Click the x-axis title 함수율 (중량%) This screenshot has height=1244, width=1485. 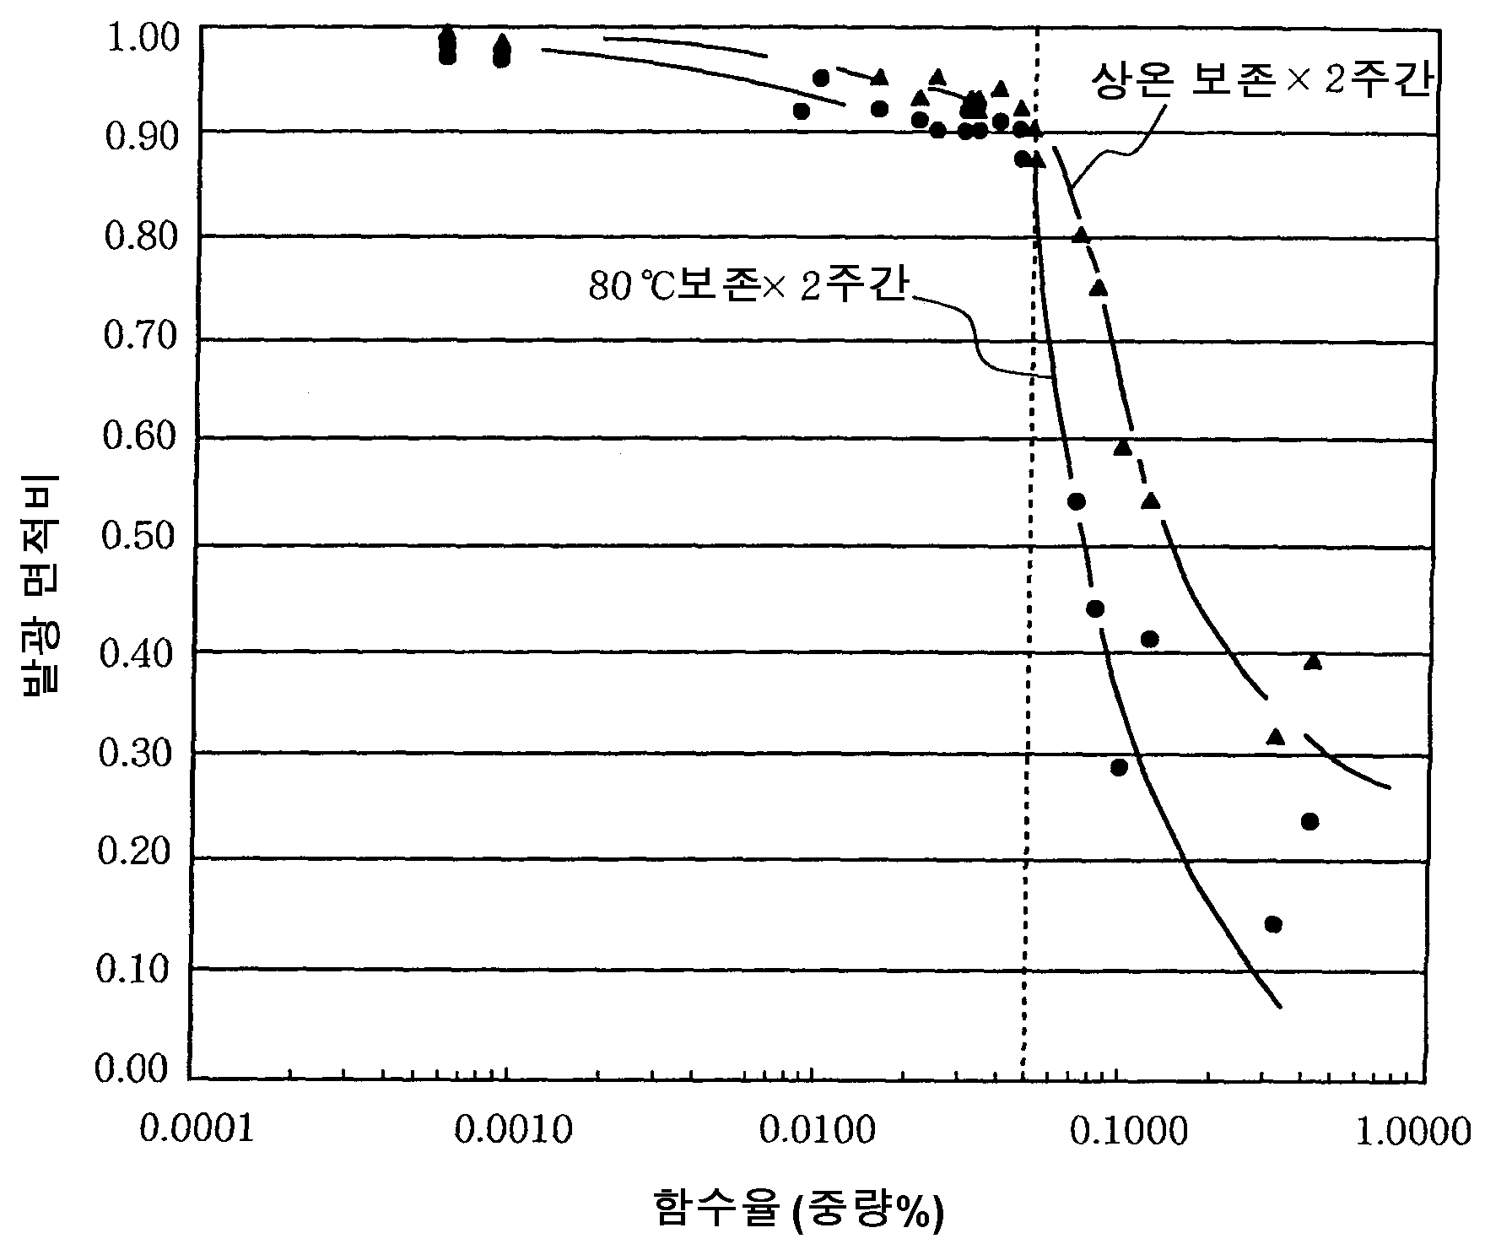(x=797, y=1209)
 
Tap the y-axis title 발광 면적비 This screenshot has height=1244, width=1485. (x=40, y=586)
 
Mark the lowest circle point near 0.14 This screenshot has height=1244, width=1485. (x=1273, y=924)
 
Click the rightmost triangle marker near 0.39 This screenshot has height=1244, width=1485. (x=1312, y=662)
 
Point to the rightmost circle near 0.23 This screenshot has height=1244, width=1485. (x=1309, y=821)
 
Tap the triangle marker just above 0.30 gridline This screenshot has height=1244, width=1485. (x=1276, y=737)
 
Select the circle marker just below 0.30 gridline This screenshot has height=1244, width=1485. (x=1119, y=767)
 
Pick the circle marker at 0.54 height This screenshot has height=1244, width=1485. (x=1077, y=501)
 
